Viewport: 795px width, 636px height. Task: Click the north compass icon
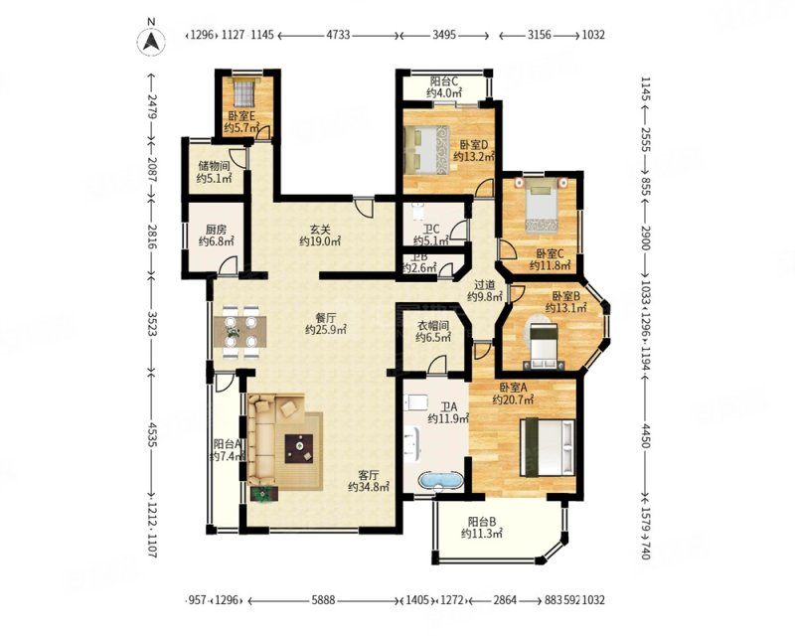[151, 40]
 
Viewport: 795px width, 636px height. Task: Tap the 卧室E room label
[241, 116]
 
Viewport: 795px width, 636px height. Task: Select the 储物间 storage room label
[214, 166]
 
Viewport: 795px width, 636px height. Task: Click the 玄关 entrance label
[319, 229]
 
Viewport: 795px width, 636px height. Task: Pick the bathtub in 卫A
[441, 480]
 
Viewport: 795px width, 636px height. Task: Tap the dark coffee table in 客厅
[299, 448]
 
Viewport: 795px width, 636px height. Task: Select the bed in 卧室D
[427, 150]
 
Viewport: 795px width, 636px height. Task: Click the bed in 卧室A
[549, 447]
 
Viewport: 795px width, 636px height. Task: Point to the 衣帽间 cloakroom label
[432, 325]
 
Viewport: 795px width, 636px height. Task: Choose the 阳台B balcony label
[482, 521]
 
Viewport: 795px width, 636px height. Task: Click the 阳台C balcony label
[444, 80]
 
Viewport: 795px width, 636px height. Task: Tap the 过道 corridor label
[485, 284]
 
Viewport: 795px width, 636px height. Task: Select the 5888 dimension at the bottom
[324, 600]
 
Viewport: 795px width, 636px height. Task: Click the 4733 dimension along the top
[338, 35]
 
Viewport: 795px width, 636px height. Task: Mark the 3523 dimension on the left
[152, 325]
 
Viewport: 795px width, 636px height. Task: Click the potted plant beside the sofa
[263, 493]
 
